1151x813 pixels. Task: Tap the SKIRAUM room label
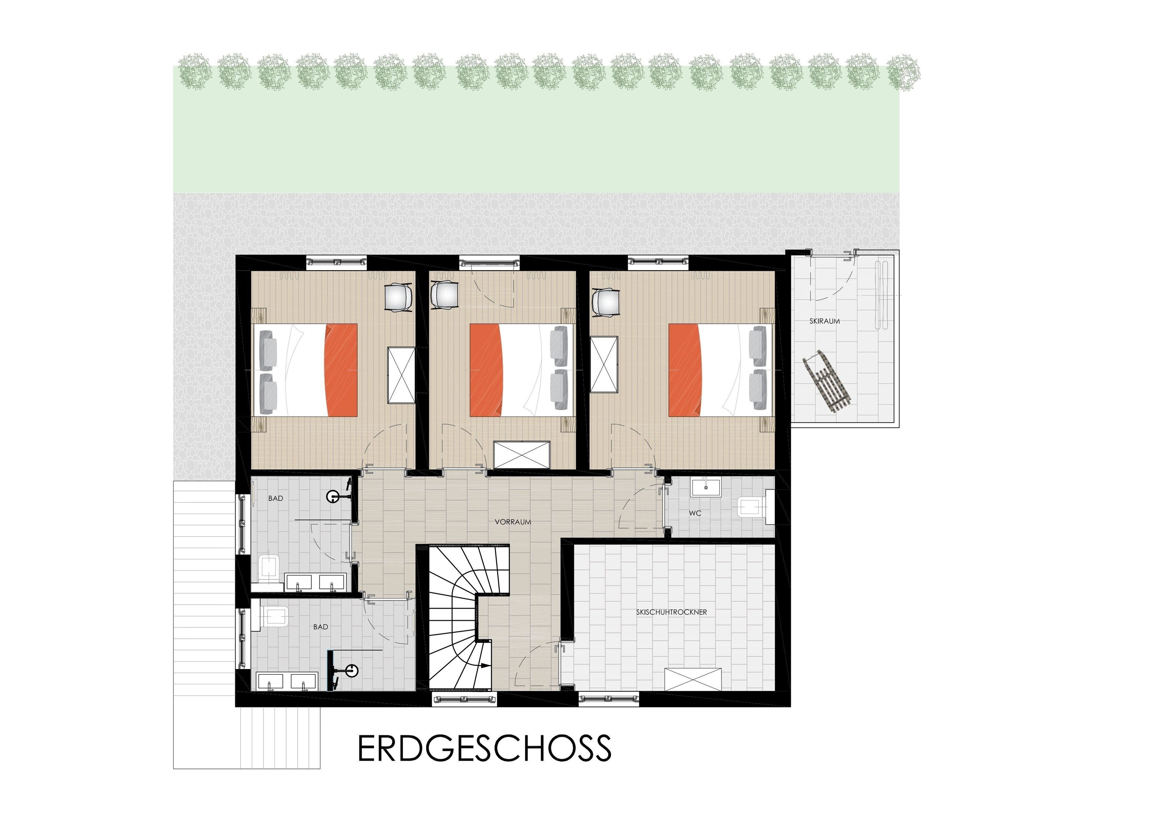(825, 321)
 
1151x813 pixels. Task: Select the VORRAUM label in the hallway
(513, 522)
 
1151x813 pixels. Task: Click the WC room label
(695, 513)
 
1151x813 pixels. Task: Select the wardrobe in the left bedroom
(402, 375)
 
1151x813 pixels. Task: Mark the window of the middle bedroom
(489, 262)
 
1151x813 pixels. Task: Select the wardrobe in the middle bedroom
(522, 455)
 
